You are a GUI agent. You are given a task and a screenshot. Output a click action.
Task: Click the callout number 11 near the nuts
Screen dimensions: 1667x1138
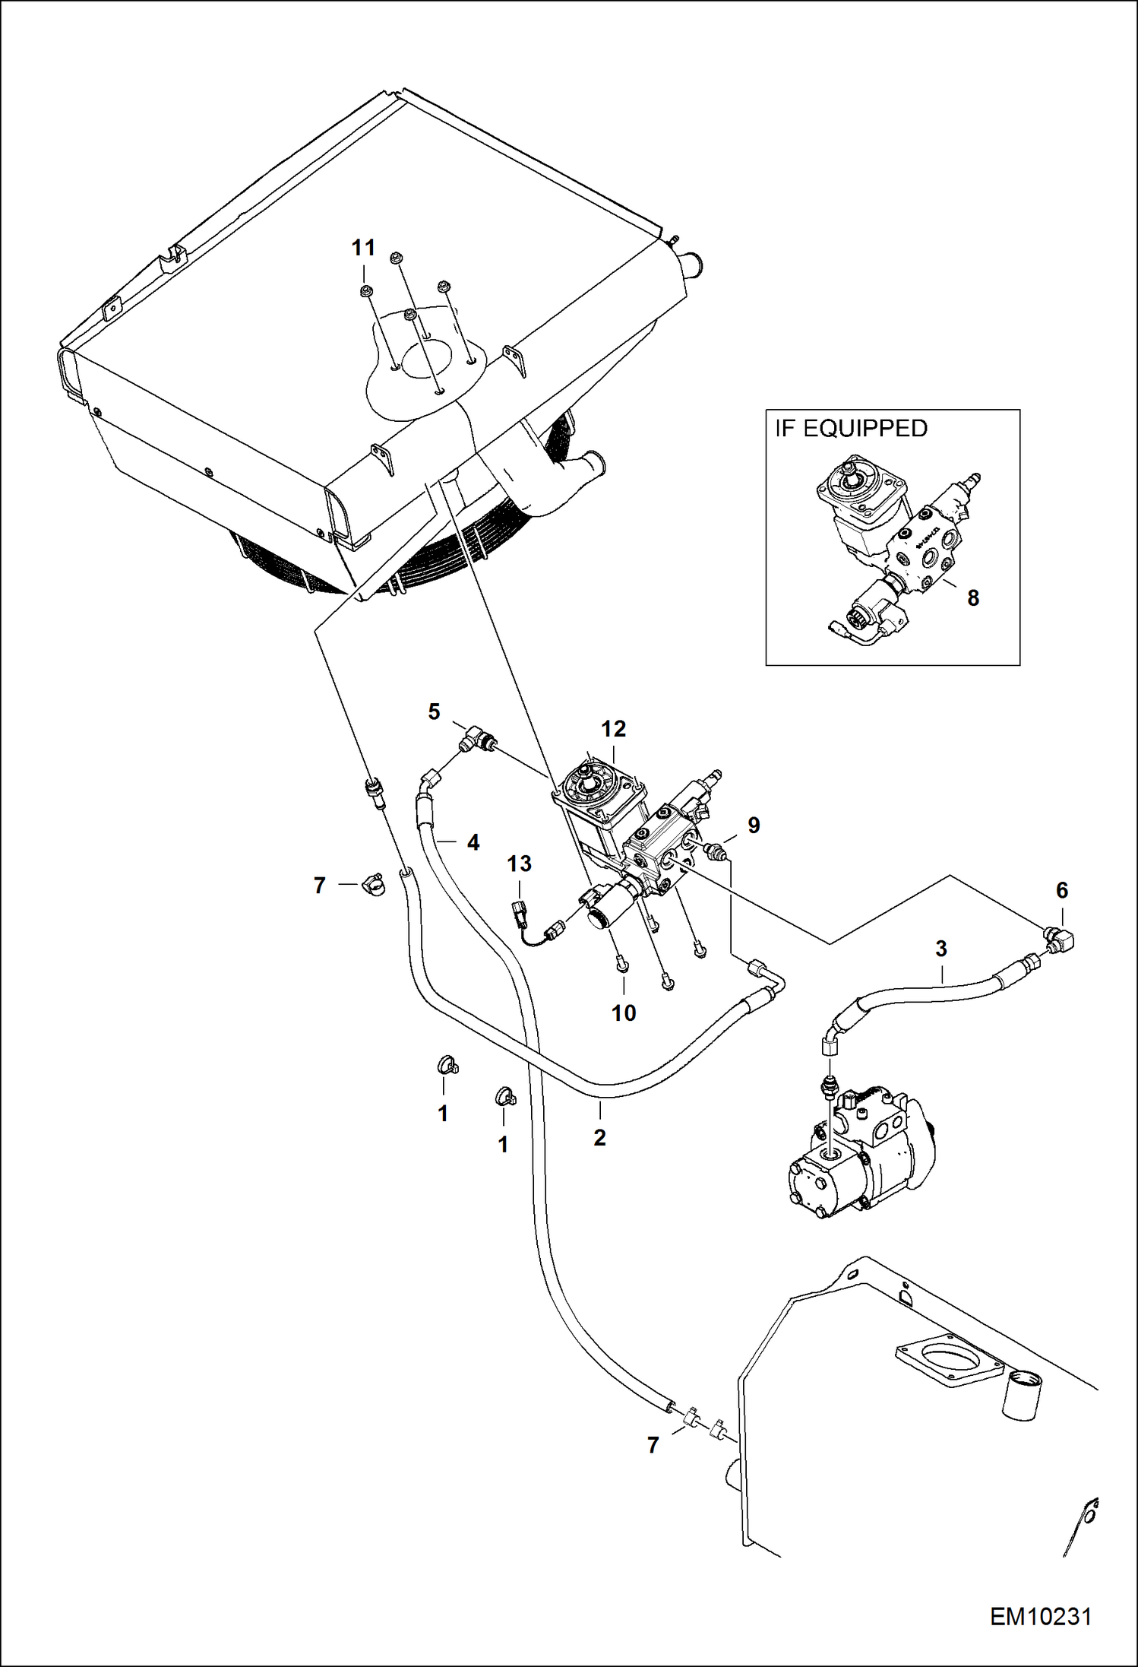pos(363,248)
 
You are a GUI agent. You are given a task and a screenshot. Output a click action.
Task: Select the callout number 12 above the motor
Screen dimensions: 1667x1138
pos(613,729)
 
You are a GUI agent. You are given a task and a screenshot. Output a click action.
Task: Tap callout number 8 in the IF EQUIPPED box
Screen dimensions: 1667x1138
pos(973,598)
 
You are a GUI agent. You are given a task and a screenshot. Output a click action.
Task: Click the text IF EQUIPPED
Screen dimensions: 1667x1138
pos(851,429)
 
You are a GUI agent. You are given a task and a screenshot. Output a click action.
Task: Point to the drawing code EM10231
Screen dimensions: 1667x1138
pos(1040,1616)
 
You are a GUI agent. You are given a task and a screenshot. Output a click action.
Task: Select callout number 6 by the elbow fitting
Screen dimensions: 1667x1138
pos(1062,890)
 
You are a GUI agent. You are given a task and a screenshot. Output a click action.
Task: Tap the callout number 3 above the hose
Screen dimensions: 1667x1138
pos(941,949)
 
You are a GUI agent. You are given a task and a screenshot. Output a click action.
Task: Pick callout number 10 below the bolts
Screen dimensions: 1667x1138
pos(624,1013)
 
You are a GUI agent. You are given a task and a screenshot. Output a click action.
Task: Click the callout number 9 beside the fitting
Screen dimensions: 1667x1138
pos(754,826)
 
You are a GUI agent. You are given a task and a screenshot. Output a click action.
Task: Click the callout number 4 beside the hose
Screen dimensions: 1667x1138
pos(473,842)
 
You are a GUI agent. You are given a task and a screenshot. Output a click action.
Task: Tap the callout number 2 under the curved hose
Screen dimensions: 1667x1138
pos(599,1137)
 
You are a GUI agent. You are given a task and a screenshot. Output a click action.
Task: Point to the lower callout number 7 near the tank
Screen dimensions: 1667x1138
pos(653,1445)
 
